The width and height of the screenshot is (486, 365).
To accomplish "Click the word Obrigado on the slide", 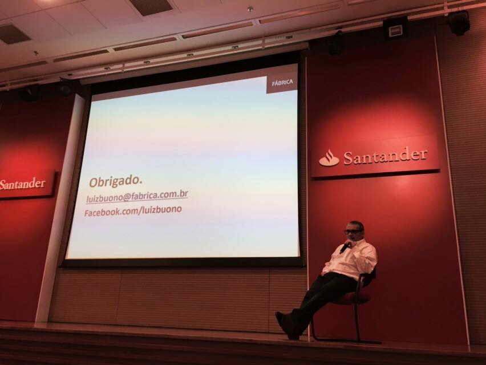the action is point(115,181).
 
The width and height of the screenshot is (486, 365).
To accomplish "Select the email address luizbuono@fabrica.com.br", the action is point(137,196).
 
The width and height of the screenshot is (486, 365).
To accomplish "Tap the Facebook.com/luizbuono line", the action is point(133,210).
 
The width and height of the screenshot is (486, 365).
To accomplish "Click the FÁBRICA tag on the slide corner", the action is point(282,83).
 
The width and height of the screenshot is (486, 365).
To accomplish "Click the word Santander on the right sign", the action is point(385,156).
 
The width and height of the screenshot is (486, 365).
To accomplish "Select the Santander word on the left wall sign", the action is point(22,184).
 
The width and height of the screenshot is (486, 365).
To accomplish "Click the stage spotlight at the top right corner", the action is point(459,23).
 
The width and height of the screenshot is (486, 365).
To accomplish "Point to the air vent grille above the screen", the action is point(151,7).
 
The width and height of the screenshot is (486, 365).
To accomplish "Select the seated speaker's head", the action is point(354,231).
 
